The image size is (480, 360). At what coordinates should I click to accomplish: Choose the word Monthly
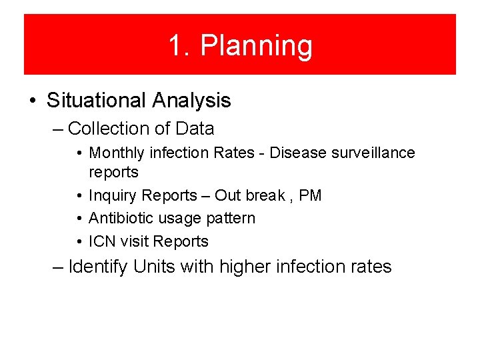[x=117, y=153]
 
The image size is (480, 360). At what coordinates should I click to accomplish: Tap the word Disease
[x=295, y=153]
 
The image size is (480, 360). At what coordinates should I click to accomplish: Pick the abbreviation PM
[x=310, y=195]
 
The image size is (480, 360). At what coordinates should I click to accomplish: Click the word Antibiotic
[x=120, y=218]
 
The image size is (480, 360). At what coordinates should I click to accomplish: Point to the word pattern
[x=231, y=219]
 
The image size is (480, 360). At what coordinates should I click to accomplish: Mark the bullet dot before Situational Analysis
[x=33, y=101]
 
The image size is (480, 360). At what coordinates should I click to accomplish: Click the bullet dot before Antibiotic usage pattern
[x=79, y=219]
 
